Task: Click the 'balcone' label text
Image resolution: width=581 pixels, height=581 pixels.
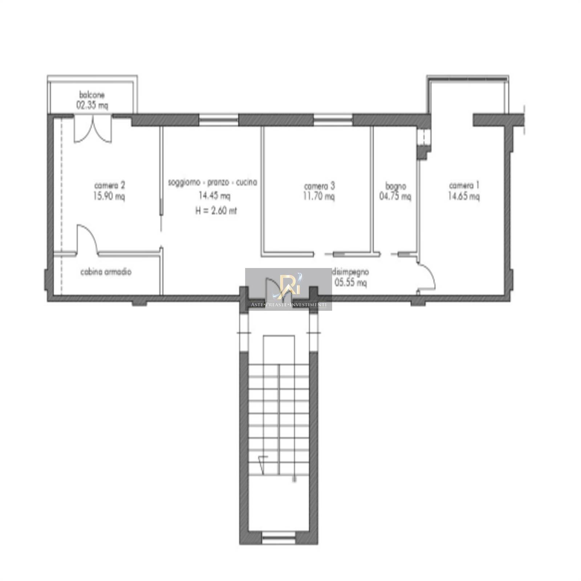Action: click(x=92, y=95)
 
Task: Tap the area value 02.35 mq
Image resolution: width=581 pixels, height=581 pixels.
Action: click(x=92, y=105)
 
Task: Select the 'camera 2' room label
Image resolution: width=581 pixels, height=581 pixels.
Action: click(x=109, y=186)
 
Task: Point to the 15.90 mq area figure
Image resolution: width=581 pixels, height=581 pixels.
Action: click(x=109, y=196)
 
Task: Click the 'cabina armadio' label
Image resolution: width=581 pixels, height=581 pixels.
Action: click(x=106, y=272)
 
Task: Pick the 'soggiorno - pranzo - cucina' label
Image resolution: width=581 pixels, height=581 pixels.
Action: click(x=212, y=182)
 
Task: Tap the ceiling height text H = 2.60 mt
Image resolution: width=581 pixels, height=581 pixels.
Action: click(x=216, y=211)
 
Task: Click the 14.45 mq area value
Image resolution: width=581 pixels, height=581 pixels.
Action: click(x=214, y=196)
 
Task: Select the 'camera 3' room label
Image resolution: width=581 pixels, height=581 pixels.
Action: click(x=319, y=186)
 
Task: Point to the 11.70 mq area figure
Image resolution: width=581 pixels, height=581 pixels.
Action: click(x=319, y=196)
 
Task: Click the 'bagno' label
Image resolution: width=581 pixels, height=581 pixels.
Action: click(x=395, y=187)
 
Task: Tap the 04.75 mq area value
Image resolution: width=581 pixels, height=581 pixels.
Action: click(x=395, y=196)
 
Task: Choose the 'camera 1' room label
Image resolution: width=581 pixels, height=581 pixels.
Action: click(x=464, y=186)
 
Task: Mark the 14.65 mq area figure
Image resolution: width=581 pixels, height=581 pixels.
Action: click(x=464, y=196)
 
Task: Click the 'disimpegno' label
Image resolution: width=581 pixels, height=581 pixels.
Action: click(x=351, y=272)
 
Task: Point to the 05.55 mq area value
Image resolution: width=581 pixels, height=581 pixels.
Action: click(x=350, y=283)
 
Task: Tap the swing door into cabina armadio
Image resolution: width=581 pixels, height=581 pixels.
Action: click(x=87, y=239)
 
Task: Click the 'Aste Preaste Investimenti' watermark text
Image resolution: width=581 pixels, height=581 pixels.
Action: click(x=289, y=305)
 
